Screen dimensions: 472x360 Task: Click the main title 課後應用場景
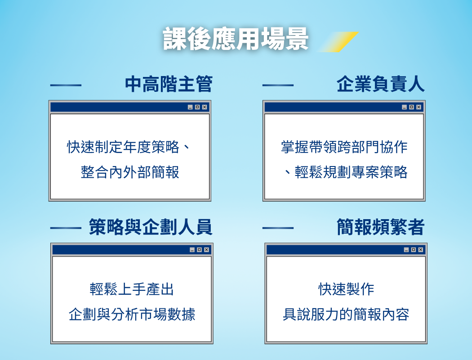236,39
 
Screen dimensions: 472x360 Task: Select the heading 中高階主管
169,84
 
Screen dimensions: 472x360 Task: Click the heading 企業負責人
380,84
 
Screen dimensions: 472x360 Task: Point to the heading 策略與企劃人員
151,227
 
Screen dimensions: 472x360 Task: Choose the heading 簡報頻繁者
380,227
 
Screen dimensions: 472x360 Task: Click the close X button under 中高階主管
205,107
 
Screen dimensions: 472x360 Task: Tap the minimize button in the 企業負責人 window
404,107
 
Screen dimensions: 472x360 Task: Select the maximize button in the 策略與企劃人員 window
199,250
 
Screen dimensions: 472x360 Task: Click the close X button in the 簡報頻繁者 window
420,250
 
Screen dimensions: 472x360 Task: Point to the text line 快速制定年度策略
123,147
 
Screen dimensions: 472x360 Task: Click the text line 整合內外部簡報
130,172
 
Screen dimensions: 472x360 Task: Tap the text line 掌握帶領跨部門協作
344,147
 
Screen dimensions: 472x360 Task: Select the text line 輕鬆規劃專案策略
351,172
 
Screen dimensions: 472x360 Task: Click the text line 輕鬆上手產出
132,289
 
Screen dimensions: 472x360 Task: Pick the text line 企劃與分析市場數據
132,315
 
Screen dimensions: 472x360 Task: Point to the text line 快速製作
346,289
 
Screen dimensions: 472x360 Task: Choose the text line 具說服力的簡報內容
346,315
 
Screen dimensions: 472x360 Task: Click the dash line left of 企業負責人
278,85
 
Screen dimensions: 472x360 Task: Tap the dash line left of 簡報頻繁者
278,228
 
